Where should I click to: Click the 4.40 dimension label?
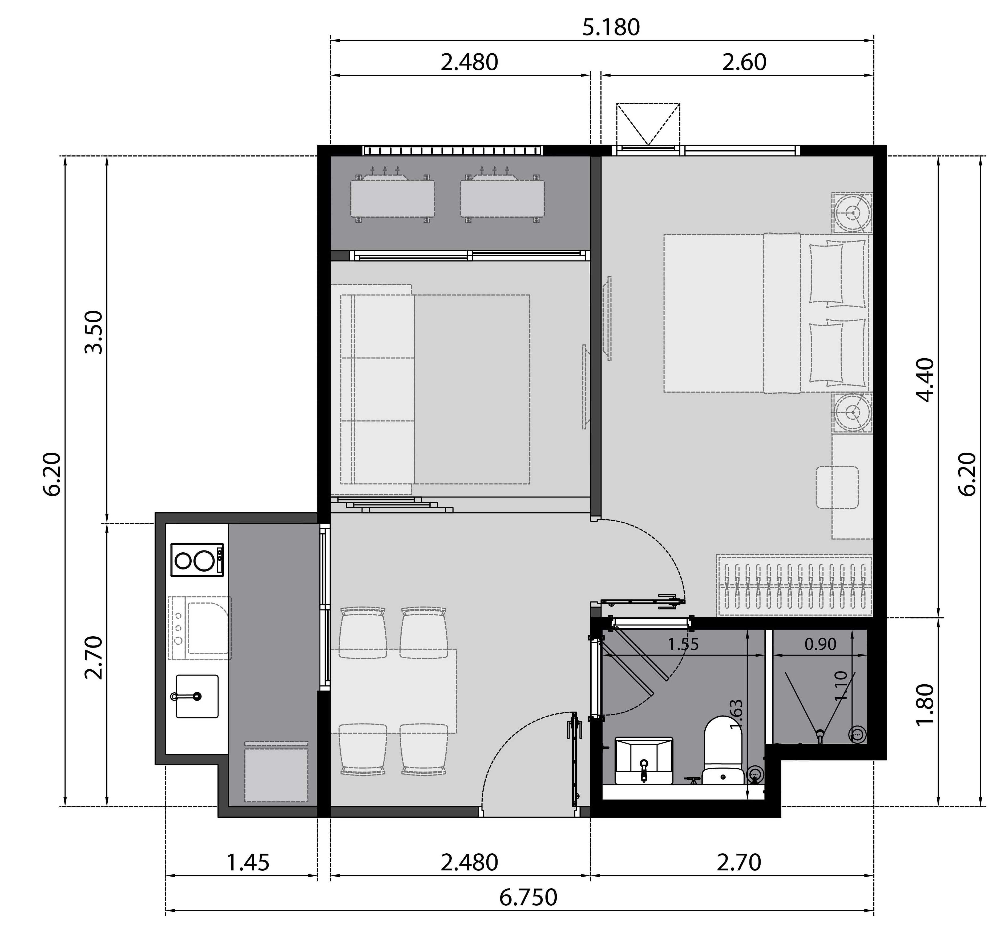coord(925,380)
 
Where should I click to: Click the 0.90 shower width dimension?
coord(820,644)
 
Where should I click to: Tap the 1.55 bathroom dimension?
coord(683,644)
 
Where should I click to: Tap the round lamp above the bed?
coord(852,213)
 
